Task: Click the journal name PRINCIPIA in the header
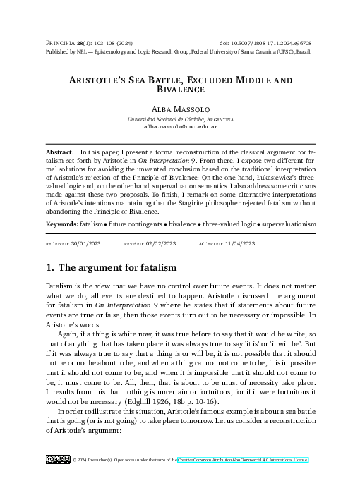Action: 60,44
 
